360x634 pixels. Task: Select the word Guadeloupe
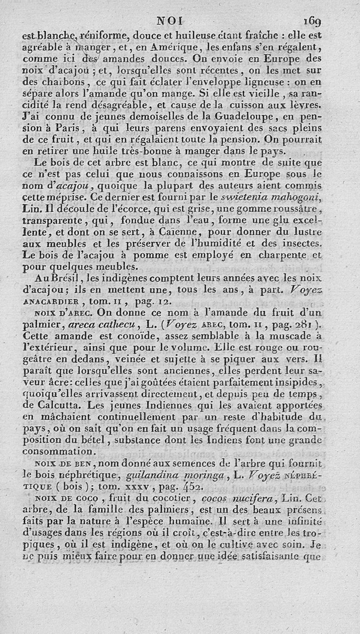pyautogui.click(x=244, y=118)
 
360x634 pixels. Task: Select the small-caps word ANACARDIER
pyautogui.click(x=50, y=302)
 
